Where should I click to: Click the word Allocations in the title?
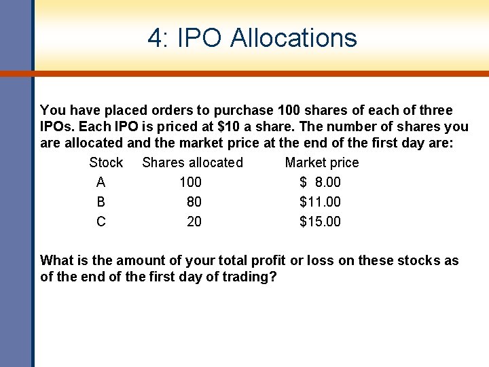tap(293, 38)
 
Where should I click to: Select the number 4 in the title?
tap(155, 38)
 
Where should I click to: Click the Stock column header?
tap(106, 162)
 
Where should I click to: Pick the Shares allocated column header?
tap(192, 162)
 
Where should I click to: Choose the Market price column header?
tap(321, 162)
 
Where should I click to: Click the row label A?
tap(101, 182)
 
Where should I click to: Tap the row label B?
tap(101, 202)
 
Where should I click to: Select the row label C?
tap(101, 222)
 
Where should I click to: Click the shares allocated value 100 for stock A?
tap(190, 182)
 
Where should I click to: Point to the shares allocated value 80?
tap(194, 202)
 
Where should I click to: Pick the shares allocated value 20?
tap(194, 222)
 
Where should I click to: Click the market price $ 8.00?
tap(321, 182)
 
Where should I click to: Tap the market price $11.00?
tap(321, 202)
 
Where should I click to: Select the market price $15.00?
tap(321, 222)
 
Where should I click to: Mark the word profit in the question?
tap(268, 260)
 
